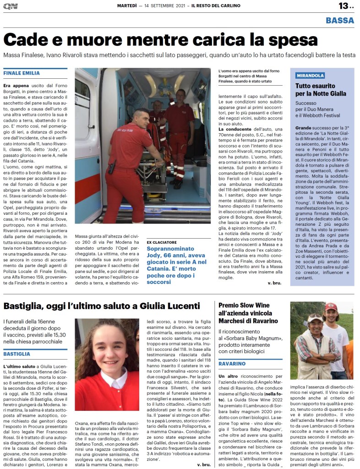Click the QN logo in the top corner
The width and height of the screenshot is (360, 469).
10,6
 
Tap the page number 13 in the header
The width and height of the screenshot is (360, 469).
343,6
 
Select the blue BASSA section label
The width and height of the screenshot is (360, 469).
340,20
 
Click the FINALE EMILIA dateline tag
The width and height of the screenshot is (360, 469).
22,73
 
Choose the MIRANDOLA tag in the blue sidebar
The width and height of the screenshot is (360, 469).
310,76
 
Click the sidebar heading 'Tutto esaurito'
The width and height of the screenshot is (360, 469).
315,86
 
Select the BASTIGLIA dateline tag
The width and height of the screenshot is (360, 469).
17,354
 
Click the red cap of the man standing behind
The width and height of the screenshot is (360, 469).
331,306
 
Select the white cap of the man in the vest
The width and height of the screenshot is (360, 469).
315,317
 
